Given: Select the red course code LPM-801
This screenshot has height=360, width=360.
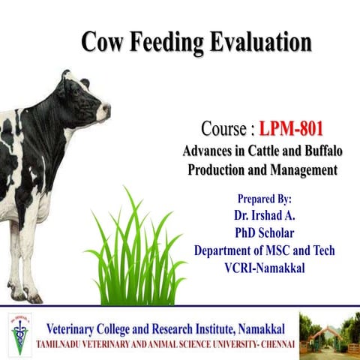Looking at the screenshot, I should pyautogui.click(x=292, y=128).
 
